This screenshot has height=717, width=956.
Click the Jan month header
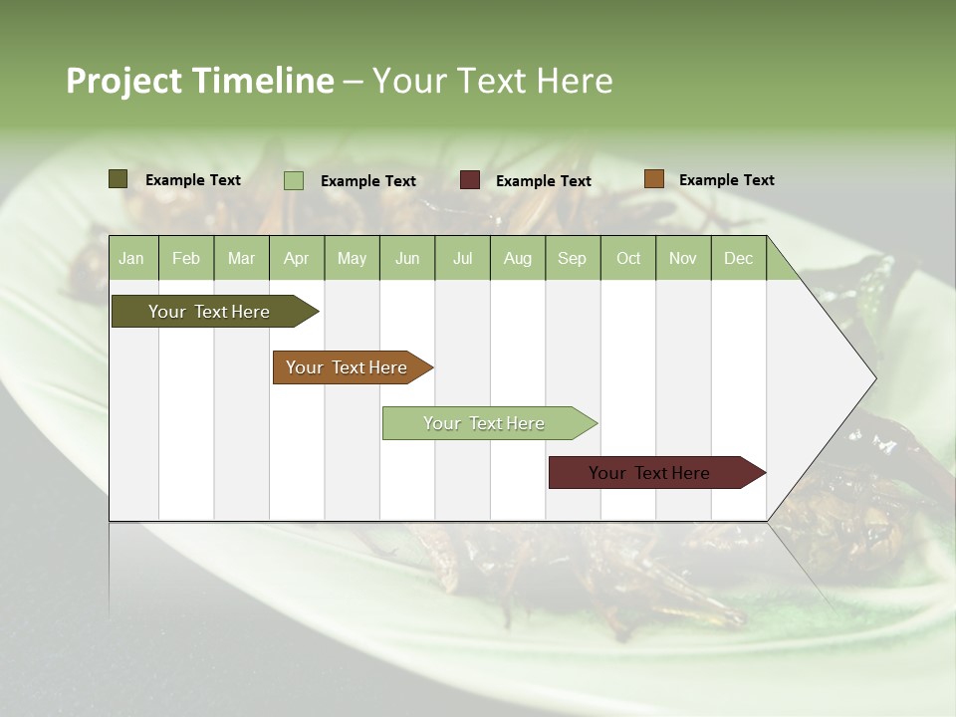[131, 258]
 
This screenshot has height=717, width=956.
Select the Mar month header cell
[241, 258]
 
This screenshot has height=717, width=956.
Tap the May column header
[352, 258]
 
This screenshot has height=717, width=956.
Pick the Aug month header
[517, 258]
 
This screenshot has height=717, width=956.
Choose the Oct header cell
[627, 258]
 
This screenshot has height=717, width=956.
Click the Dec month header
[738, 258]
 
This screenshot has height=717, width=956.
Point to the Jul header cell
[462, 258]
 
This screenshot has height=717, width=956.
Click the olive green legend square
[119, 179]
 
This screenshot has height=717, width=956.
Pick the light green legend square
[294, 180]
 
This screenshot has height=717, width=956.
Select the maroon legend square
[470, 180]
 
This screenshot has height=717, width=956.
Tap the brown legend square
[653, 179]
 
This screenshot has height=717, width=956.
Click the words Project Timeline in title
[199, 81]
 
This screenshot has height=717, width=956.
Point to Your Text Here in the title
[492, 81]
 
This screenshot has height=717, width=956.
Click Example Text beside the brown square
[726, 179]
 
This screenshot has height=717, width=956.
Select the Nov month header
[682, 258]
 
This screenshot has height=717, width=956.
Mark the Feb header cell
[186, 258]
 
